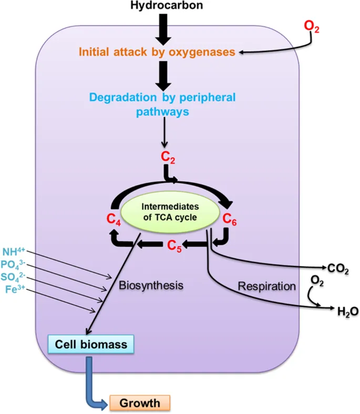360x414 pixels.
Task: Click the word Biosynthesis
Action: [150, 286]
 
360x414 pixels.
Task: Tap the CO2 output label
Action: [337, 269]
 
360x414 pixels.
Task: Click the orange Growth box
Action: [139, 403]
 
